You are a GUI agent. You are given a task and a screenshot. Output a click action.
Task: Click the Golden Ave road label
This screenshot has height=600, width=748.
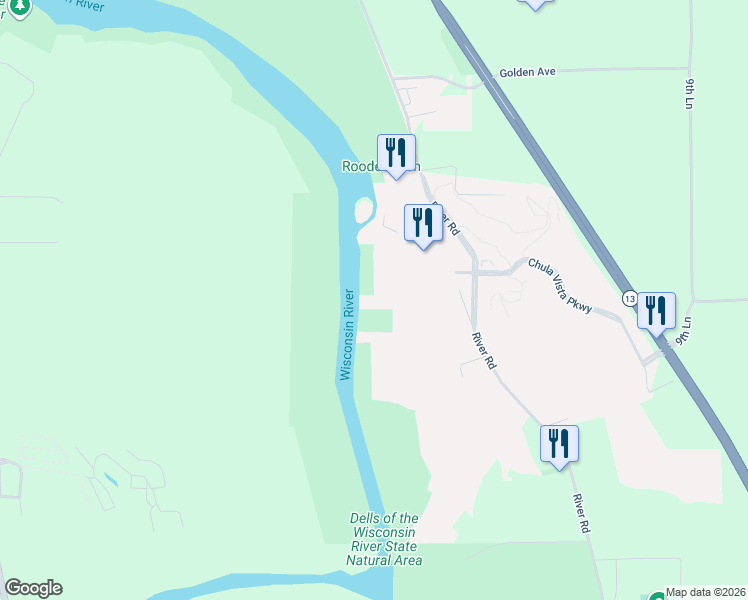click(527, 73)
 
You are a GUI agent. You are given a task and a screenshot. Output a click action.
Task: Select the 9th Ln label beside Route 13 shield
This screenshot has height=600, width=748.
click(684, 331)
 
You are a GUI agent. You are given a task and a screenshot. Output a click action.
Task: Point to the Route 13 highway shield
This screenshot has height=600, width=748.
click(629, 299)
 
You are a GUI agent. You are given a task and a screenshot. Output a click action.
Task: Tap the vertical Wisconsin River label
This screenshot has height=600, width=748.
click(347, 334)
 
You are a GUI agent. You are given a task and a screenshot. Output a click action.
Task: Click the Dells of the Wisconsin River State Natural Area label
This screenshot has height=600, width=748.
click(384, 539)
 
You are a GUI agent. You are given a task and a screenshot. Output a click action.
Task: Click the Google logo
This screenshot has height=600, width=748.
click(33, 588)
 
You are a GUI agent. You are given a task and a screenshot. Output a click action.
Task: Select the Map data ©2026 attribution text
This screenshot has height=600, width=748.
click(706, 592)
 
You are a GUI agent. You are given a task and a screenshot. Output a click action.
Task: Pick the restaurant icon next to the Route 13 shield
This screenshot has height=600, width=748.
click(656, 310)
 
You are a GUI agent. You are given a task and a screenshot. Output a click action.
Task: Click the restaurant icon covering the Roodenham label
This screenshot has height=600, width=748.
click(396, 153)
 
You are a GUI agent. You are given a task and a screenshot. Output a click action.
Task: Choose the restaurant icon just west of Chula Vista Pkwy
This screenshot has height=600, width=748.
click(423, 223)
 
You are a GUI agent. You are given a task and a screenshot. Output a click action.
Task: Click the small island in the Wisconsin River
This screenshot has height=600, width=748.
click(364, 211)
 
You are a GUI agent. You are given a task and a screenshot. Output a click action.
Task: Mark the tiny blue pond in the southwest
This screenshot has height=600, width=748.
click(110, 481)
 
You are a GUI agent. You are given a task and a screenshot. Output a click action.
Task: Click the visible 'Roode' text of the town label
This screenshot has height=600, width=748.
click(359, 167)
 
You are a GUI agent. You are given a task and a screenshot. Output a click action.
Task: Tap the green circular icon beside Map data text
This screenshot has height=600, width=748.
click(657, 595)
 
